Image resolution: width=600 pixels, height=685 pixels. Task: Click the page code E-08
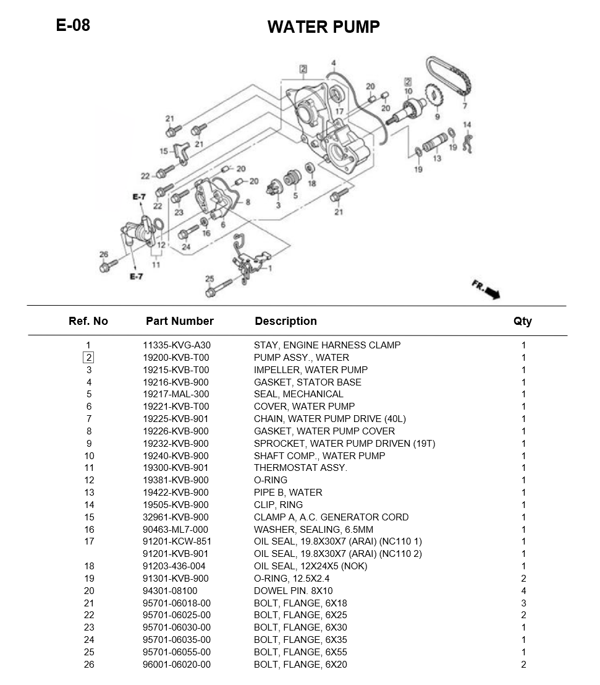73,25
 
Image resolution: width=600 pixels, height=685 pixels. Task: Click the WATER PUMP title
323,27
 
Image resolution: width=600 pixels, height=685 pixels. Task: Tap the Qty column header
522,321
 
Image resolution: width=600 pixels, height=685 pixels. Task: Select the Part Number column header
179,321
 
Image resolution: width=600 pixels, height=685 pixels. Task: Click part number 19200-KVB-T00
175,358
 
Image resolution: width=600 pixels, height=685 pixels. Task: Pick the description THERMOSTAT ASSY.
300,468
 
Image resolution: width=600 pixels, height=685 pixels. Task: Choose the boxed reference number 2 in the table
89,358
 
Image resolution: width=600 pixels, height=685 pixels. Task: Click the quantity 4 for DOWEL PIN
523,591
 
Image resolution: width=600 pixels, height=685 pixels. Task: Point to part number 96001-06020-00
176,665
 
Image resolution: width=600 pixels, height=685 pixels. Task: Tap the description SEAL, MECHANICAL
298,394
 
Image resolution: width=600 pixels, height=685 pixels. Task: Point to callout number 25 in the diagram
209,278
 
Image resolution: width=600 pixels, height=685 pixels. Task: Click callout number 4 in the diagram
333,63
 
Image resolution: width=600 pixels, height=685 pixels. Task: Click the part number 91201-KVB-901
175,554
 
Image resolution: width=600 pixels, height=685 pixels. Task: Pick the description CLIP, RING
278,505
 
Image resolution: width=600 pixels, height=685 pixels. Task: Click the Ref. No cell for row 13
89,493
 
